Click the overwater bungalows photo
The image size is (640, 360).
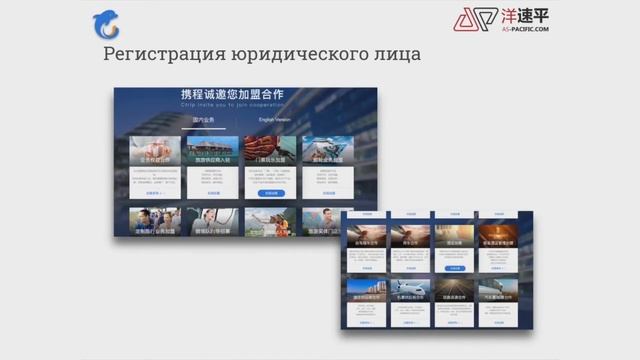click(269, 148)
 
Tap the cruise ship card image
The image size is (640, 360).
click(326, 148)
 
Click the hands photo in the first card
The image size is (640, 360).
click(154, 149)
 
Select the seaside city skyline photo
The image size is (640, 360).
click(364, 290)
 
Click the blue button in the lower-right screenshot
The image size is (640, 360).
click(455, 268)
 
